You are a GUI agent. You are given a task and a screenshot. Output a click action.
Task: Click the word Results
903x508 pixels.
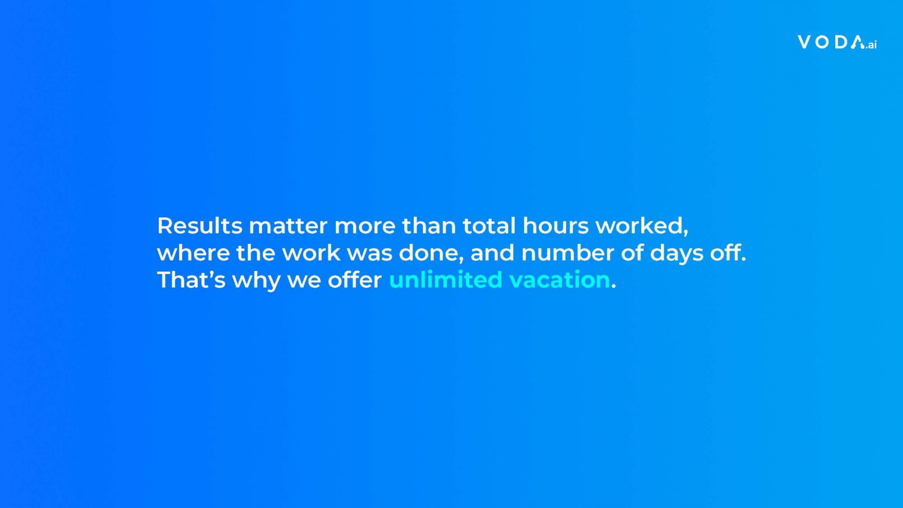click(200, 225)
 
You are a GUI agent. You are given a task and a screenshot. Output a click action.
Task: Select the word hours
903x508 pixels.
click(555, 225)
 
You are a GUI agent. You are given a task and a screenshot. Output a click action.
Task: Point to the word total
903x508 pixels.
click(489, 225)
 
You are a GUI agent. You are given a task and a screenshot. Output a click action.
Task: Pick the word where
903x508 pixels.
click(193, 252)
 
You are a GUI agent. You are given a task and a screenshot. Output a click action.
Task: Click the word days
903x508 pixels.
click(676, 254)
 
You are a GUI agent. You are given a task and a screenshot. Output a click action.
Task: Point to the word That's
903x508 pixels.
click(191, 280)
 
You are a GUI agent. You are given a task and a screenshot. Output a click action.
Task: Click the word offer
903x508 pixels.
click(354, 280)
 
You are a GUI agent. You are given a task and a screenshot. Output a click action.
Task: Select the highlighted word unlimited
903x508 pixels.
click(446, 280)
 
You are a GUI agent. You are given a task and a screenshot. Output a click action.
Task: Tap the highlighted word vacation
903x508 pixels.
click(560, 280)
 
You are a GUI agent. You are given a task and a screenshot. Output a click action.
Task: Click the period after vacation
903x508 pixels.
click(614, 286)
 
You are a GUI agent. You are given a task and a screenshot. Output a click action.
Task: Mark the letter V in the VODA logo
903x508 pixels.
click(805, 42)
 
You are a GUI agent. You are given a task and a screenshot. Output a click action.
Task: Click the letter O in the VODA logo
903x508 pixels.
click(823, 42)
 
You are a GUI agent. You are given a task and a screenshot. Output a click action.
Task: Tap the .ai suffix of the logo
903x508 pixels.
click(871, 44)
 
